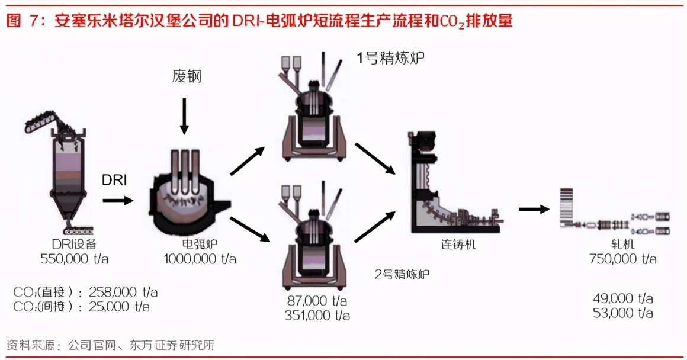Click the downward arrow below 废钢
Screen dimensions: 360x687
pyautogui.click(x=184, y=116)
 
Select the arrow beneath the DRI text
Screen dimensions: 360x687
pyautogui.click(x=118, y=201)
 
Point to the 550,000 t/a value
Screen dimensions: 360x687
pyautogui.click(x=75, y=259)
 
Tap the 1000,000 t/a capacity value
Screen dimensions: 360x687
pyautogui.click(x=200, y=259)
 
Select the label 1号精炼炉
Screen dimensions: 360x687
pyautogui.click(x=390, y=58)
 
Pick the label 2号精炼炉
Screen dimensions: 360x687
pyautogui.click(x=402, y=274)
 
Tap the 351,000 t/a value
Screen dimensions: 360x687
pyautogui.click(x=317, y=316)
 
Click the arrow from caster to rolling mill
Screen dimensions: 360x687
pyautogui.click(x=533, y=208)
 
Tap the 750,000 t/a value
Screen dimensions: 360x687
pyautogui.click(x=623, y=259)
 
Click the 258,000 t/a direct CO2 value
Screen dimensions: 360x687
pyautogui.click(x=123, y=292)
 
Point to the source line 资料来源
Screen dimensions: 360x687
pyautogui.click(x=110, y=345)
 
